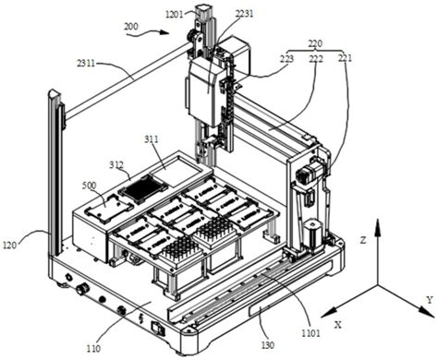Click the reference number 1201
click(175, 14)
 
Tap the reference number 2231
click(244, 14)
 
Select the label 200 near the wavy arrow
click(131, 27)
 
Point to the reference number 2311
click(86, 64)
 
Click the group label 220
click(315, 43)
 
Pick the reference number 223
click(286, 58)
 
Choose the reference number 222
click(316, 58)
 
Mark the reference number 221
click(345, 58)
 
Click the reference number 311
click(151, 139)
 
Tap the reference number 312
click(116, 165)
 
